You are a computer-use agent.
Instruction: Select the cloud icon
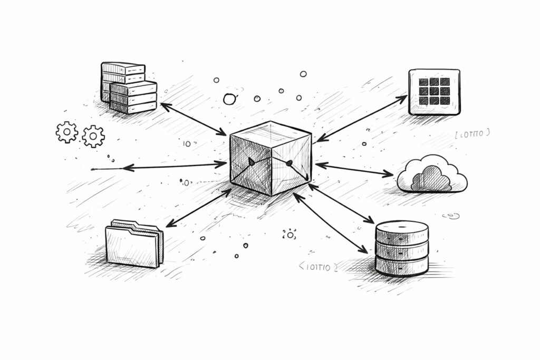pyautogui.click(x=431, y=175)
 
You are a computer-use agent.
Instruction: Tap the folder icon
pyautogui.click(x=134, y=244)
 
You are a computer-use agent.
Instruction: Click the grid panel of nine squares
pyautogui.click(x=434, y=92)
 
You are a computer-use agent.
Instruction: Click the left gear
pyautogui.click(x=66, y=132)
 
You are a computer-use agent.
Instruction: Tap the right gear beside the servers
pyautogui.click(x=93, y=136)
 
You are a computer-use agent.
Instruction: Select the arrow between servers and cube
pyautogui.click(x=194, y=119)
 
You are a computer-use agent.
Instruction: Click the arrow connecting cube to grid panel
pyautogui.click(x=362, y=119)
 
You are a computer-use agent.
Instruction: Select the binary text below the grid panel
pyautogui.click(x=472, y=134)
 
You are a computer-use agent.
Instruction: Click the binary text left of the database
pyautogui.click(x=317, y=267)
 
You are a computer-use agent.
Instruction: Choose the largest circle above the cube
pyautogui.click(x=230, y=99)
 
